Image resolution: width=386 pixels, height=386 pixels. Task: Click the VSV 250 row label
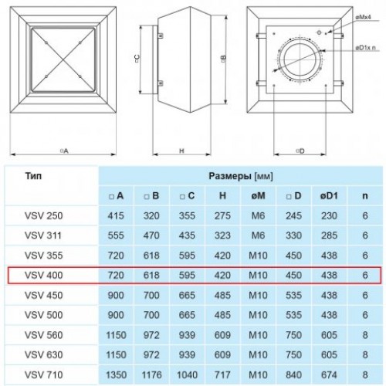43,215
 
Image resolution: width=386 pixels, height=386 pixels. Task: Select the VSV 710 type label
43,374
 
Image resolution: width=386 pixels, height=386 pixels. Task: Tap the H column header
222,196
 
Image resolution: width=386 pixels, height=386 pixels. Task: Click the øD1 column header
329,196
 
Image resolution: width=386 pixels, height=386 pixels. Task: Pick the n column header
365,196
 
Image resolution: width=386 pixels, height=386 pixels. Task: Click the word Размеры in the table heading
230,176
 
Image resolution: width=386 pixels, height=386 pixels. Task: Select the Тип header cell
33,176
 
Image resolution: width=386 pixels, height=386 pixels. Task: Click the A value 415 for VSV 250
116,215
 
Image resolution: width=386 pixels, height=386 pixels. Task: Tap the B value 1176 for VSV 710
151,374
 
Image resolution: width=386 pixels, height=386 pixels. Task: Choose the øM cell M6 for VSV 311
258,235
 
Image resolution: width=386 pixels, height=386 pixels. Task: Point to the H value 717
222,374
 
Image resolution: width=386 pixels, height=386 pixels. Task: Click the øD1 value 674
329,374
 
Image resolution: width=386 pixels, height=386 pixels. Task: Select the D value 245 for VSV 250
293,215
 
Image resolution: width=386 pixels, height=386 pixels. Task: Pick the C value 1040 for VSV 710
187,374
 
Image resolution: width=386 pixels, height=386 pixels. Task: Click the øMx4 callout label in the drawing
363,18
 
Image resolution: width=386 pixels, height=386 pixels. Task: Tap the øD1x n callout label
365,48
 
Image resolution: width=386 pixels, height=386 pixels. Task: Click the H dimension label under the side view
181,151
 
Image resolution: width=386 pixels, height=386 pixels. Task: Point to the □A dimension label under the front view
64,151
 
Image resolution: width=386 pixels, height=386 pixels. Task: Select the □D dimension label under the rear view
300,151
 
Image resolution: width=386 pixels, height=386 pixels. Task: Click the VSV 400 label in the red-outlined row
43,276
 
